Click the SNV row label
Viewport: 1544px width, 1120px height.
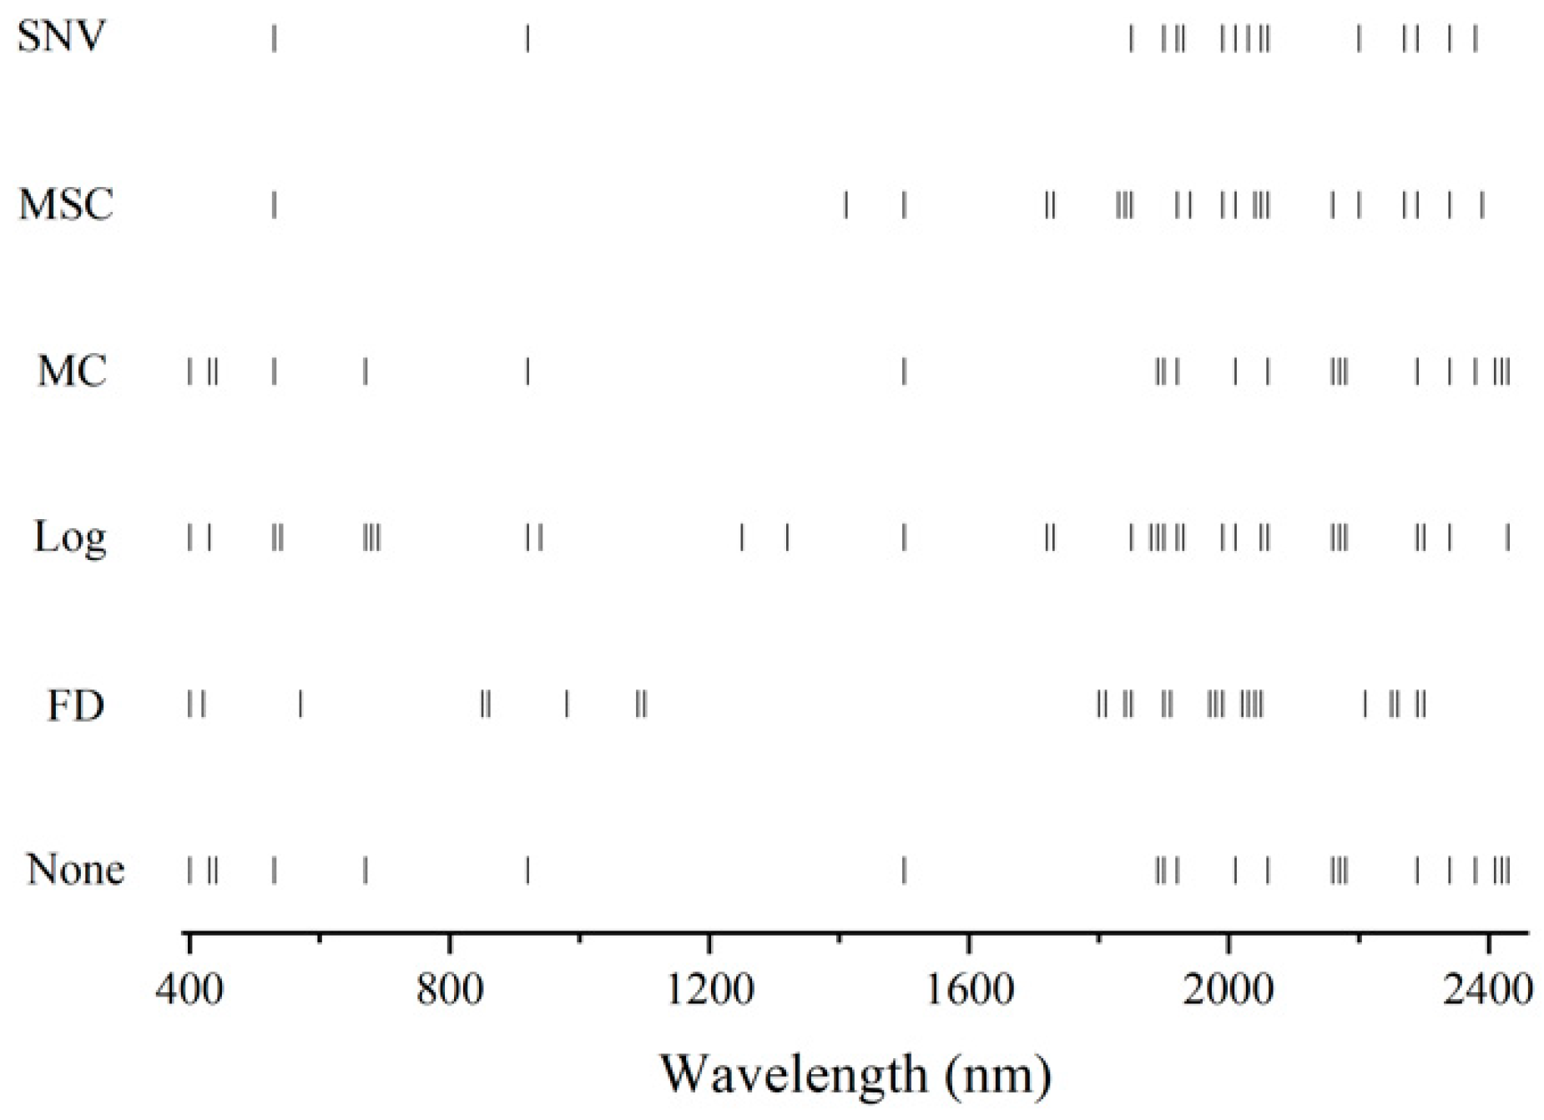tap(61, 37)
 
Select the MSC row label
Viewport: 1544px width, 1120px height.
tap(66, 204)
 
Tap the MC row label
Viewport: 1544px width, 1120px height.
tap(72, 371)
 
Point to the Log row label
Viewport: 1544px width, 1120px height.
tap(70, 537)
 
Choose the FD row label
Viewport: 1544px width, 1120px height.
tap(75, 706)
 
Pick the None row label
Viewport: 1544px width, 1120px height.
tap(75, 870)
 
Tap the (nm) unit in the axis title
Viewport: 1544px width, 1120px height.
tap(998, 1076)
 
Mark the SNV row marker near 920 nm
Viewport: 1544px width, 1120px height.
tap(527, 38)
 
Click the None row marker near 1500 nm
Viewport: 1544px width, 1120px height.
tap(904, 870)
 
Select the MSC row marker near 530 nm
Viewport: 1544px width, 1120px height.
tap(274, 204)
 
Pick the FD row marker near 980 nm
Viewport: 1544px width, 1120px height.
tap(567, 704)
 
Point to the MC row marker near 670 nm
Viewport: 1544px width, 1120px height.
tap(365, 371)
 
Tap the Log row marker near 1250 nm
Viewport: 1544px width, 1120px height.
tap(742, 537)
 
